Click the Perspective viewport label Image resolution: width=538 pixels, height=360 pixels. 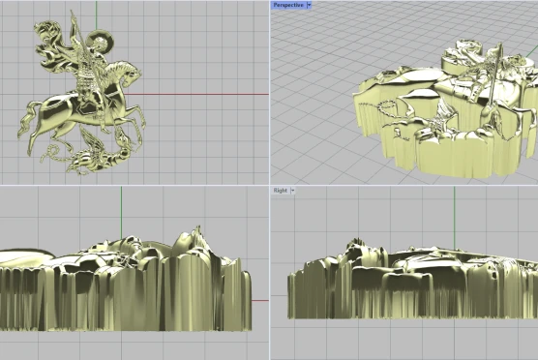[x=288, y=5]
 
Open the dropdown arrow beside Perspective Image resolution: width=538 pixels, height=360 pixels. [x=309, y=5]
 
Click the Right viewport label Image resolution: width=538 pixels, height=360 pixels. [x=281, y=191]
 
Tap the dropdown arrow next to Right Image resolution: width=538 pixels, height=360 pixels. [x=292, y=191]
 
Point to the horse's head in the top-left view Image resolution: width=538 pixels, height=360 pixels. [x=130, y=73]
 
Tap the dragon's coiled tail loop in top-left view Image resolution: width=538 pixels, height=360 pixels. [x=53, y=150]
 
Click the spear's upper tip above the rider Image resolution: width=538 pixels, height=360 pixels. [x=72, y=13]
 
